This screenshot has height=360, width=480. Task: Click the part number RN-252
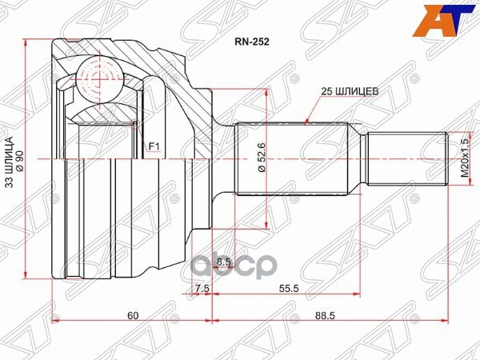(251, 46)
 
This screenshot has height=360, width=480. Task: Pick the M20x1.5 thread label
(463, 159)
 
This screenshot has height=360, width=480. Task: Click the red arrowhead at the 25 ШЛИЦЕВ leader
(310, 122)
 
